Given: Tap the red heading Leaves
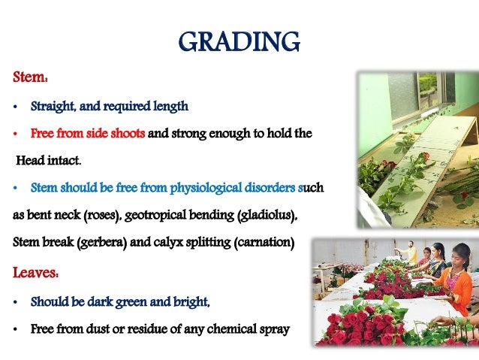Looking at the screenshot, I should [x=35, y=272].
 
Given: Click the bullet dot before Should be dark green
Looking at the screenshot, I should [x=17, y=302].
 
